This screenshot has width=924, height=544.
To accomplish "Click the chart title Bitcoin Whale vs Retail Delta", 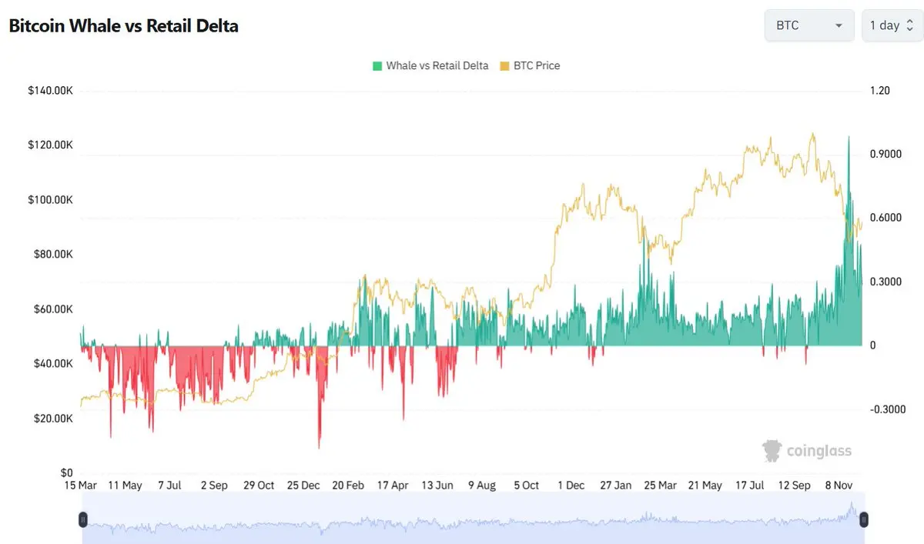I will click(x=123, y=25).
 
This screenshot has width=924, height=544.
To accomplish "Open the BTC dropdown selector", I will click(x=808, y=25).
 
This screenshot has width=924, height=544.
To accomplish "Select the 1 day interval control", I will click(x=890, y=25).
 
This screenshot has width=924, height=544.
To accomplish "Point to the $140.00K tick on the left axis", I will click(x=50, y=91).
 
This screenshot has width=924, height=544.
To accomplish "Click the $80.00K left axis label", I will click(x=50, y=255).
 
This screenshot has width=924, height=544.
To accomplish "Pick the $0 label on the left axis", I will click(x=66, y=472).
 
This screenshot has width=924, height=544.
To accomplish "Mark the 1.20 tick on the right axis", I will click(x=879, y=91).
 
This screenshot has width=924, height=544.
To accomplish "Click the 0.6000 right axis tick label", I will click(x=884, y=218).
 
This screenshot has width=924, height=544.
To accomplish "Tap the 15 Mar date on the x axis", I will click(x=80, y=486).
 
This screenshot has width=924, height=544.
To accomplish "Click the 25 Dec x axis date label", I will click(x=303, y=486).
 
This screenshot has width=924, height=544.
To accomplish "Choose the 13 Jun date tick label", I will click(x=437, y=486).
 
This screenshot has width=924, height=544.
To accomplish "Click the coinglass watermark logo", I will click(x=807, y=451).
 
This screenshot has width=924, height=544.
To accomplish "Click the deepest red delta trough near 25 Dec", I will click(x=319, y=446).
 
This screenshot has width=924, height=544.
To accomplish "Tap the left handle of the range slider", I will click(x=83, y=520).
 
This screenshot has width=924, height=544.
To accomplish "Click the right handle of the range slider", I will click(x=863, y=520).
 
